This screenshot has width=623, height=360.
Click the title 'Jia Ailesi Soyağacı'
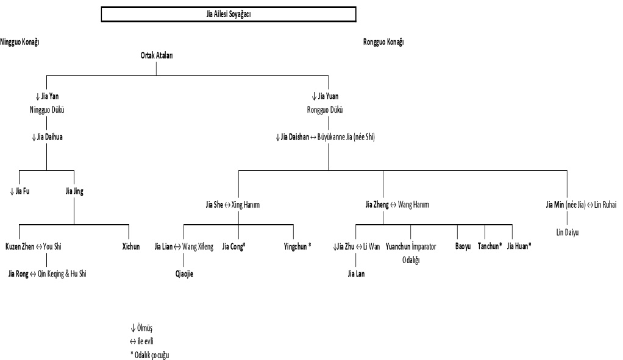229,13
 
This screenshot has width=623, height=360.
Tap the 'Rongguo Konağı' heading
383,42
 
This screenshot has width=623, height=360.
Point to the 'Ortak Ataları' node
157,55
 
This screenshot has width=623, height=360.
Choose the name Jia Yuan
328,96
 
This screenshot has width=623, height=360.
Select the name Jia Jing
74,191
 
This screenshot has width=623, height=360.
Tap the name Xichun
130,247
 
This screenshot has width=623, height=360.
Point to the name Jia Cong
233,247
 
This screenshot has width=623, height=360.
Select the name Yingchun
297,247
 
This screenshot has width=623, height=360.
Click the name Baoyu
463,247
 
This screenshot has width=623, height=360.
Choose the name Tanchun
489,247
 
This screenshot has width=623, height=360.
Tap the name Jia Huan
519,247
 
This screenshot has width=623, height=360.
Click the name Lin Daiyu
568,232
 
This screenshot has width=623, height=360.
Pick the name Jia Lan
357,274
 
